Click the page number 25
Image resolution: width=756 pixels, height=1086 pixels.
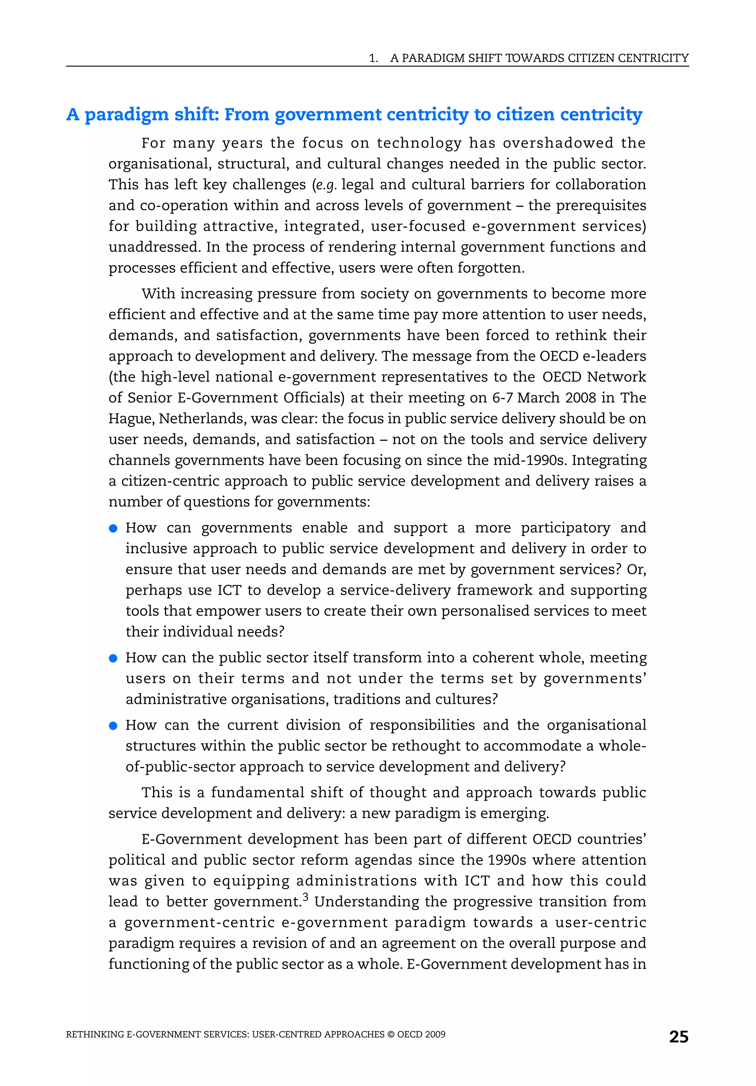coord(678,1037)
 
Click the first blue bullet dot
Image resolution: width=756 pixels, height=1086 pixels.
coord(113,528)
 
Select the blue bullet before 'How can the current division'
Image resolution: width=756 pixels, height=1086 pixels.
coord(113,726)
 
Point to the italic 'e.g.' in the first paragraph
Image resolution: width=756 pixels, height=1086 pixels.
coord(326,185)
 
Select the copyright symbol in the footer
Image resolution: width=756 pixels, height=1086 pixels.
coord(391,1034)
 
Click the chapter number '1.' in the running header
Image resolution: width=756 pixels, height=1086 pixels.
coord(374,58)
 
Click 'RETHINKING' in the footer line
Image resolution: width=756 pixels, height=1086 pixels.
coord(95,1034)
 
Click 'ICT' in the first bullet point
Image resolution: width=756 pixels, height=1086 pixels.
coord(229,590)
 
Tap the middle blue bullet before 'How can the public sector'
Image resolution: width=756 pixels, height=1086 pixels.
coord(113,658)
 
